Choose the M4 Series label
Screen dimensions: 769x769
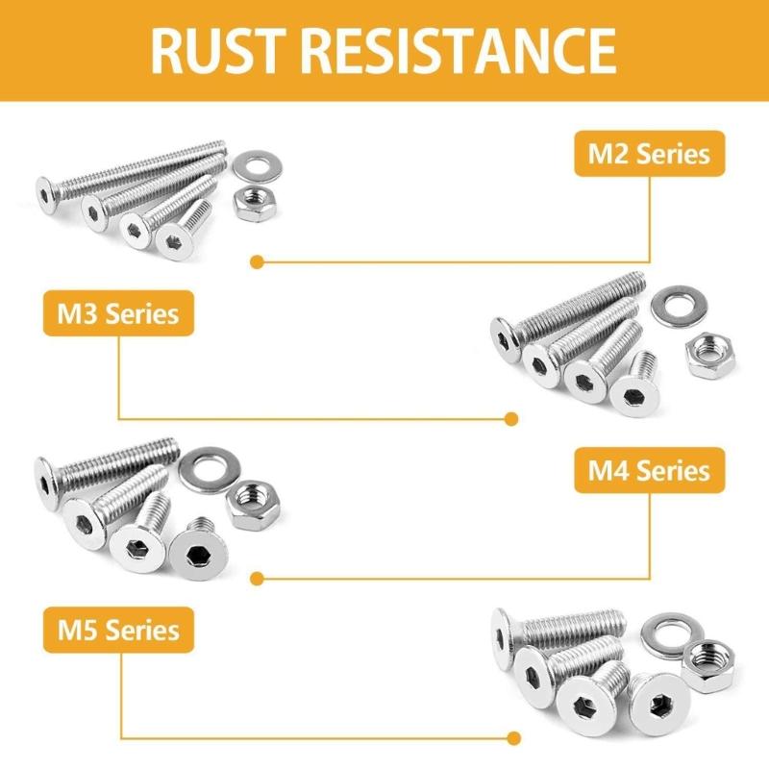coord(650,470)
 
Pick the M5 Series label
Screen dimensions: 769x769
coord(118,630)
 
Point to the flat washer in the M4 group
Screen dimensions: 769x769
coord(202,466)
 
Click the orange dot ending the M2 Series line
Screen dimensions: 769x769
coord(257,260)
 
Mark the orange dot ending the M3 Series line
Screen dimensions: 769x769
coord(511,418)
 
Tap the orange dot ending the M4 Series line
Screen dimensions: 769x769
coord(257,578)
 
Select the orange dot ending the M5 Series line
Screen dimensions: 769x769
coord(511,737)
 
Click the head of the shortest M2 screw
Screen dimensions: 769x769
coord(177,240)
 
